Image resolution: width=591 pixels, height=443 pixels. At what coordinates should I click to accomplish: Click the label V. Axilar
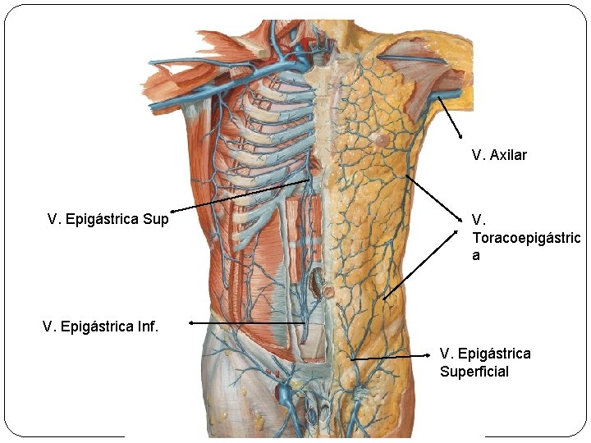(x=499, y=155)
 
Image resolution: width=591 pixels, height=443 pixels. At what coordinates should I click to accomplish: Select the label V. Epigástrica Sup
(x=108, y=219)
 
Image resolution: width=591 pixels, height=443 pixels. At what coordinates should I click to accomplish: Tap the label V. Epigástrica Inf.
(x=100, y=327)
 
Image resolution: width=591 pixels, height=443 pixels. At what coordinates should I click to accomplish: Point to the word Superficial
(x=474, y=372)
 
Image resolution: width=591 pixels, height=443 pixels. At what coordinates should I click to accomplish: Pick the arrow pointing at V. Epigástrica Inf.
(x=246, y=323)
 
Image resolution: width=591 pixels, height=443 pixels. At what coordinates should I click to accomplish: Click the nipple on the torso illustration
(x=382, y=140)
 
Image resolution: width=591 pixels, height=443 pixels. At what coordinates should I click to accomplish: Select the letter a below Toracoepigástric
(x=476, y=256)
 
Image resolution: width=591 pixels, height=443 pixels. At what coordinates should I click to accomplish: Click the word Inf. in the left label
(x=148, y=327)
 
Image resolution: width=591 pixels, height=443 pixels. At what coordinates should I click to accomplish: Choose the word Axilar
(x=508, y=155)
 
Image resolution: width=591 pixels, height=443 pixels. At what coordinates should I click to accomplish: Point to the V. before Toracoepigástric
(x=479, y=220)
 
